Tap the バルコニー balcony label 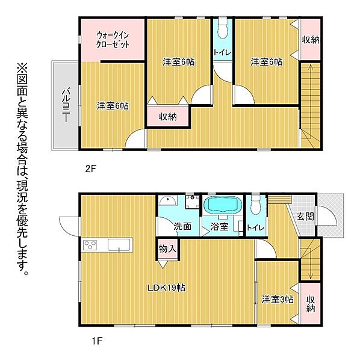click(x=63, y=104)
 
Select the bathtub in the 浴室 click(x=222, y=205)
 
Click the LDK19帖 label click(x=166, y=288)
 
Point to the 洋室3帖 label click(x=277, y=299)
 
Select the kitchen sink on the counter click(x=119, y=245)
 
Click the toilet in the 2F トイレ click(x=222, y=28)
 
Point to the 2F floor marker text click(x=90, y=169)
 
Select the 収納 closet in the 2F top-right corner click(x=311, y=40)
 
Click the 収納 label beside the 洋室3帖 click(x=310, y=304)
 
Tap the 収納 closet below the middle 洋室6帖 click(x=168, y=117)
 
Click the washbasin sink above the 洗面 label click(x=170, y=202)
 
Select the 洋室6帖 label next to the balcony click(x=113, y=106)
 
